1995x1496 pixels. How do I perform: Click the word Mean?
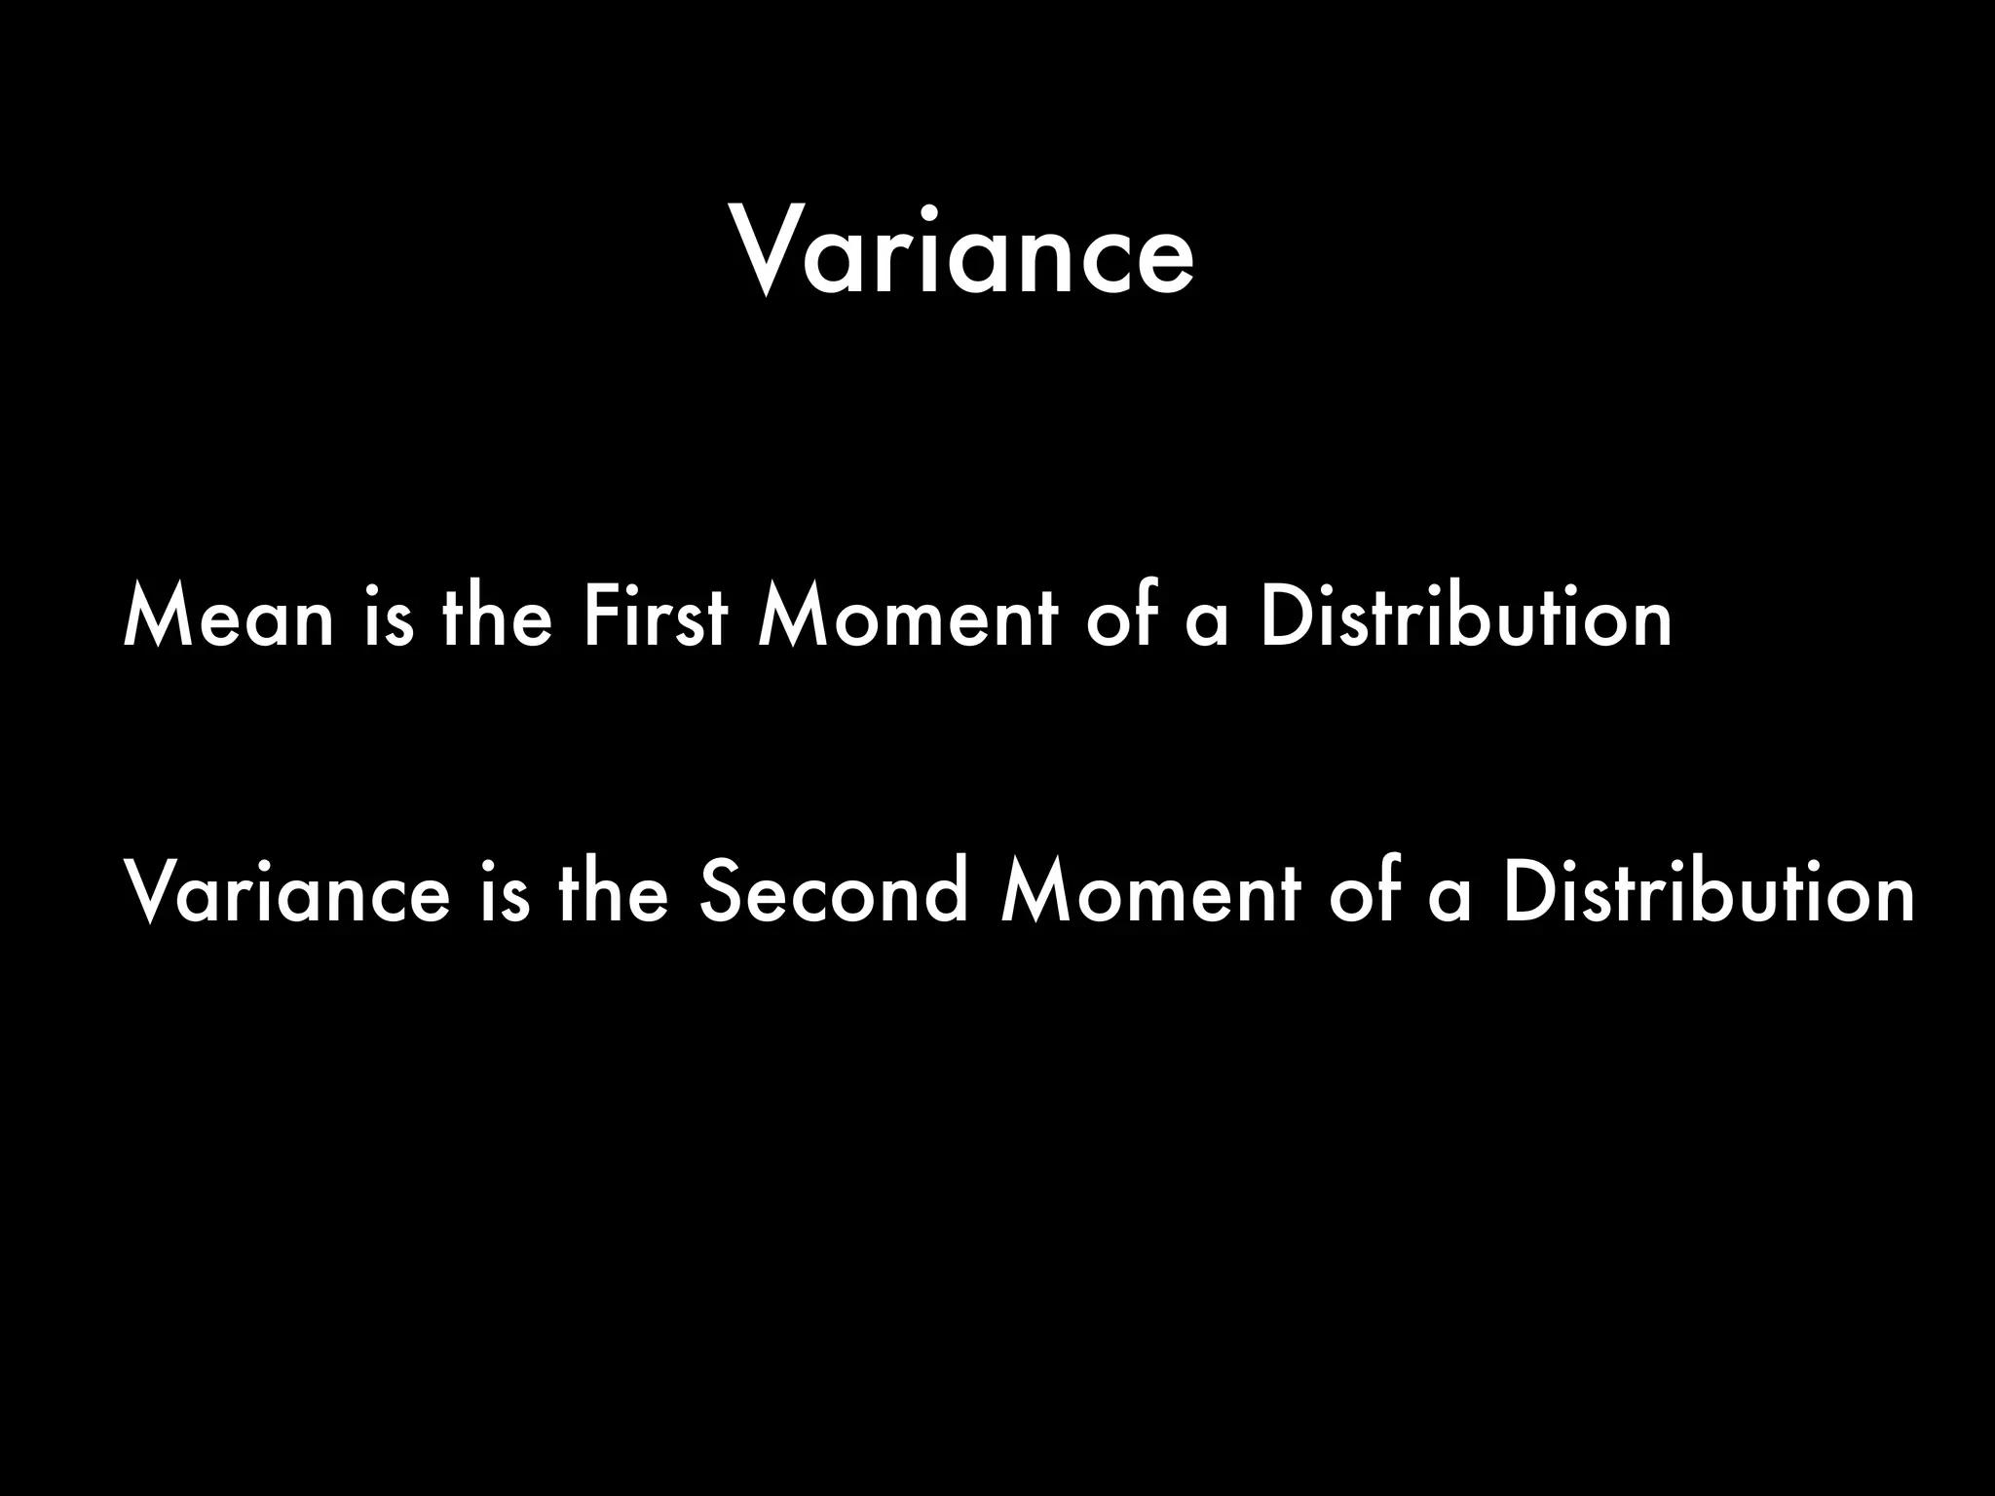pyautogui.click(x=229, y=617)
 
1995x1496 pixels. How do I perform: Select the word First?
pyautogui.click(x=656, y=617)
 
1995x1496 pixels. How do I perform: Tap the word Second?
pyautogui.click(x=834, y=893)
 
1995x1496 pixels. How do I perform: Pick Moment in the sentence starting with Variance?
pyautogui.click(x=1150, y=893)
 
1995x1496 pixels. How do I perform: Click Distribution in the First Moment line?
pyautogui.click(x=1465, y=617)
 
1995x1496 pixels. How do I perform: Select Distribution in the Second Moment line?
pyautogui.click(x=1708, y=893)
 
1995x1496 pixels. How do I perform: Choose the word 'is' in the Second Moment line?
pyautogui.click(x=506, y=893)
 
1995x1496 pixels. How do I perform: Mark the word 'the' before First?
pyautogui.click(x=497, y=617)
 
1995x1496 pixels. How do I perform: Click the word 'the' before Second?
pyautogui.click(x=613, y=893)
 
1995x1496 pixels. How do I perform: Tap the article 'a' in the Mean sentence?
pyautogui.click(x=1207, y=623)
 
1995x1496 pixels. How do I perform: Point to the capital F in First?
pyautogui.click(x=599, y=617)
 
